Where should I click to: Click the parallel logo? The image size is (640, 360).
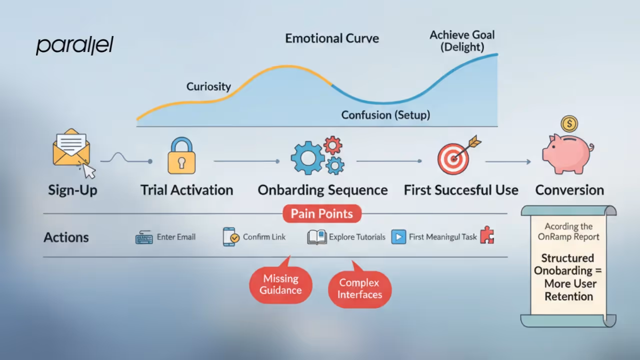pos(75,45)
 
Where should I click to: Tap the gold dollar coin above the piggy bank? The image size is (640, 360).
pos(569,123)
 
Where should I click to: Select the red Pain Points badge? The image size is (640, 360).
pos(321,214)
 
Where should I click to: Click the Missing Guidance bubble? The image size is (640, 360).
pos(280,284)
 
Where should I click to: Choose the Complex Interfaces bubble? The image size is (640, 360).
pos(359,288)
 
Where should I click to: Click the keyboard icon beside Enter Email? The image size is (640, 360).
pos(144,237)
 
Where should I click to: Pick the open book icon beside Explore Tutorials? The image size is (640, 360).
pos(317,237)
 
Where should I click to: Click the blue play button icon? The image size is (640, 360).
pos(398,237)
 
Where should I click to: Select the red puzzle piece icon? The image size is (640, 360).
pos(487,235)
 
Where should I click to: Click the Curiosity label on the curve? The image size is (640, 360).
pos(208,86)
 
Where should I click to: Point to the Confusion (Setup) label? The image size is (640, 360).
pos(385,115)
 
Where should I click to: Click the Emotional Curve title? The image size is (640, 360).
pos(332,38)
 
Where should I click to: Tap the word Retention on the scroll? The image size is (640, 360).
pos(568,296)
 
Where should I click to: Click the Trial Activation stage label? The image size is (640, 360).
pos(186,190)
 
